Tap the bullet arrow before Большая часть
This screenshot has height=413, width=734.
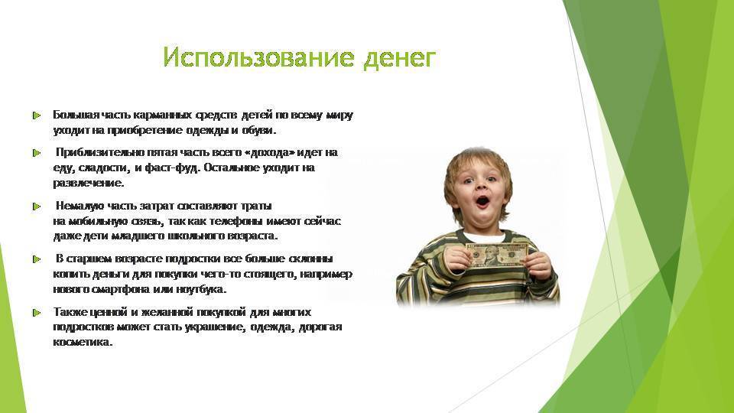point(37,115)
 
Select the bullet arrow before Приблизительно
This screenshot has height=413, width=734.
point(37,153)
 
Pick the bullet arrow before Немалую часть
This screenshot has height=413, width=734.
point(37,206)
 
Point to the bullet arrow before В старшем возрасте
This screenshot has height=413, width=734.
point(37,259)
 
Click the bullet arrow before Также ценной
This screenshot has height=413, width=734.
point(37,312)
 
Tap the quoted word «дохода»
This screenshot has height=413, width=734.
point(271,153)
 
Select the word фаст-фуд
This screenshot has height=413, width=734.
point(173,168)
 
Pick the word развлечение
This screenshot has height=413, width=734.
point(89,183)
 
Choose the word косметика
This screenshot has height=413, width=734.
point(83,343)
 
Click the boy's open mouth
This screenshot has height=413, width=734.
point(482,202)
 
